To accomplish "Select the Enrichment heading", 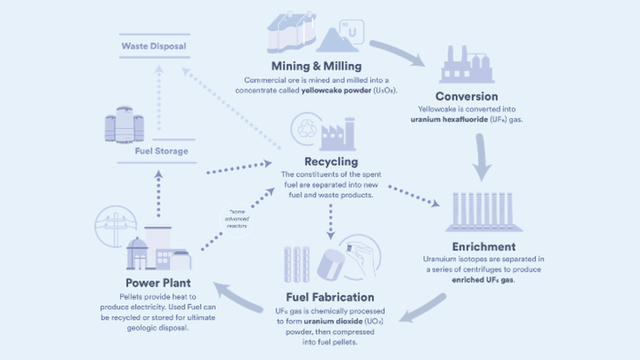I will coord(484,246).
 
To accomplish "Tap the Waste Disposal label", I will coord(155,47).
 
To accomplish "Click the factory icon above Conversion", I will coord(467,64).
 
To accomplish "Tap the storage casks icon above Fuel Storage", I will coord(124,127).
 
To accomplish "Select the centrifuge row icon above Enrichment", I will coord(484,211).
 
